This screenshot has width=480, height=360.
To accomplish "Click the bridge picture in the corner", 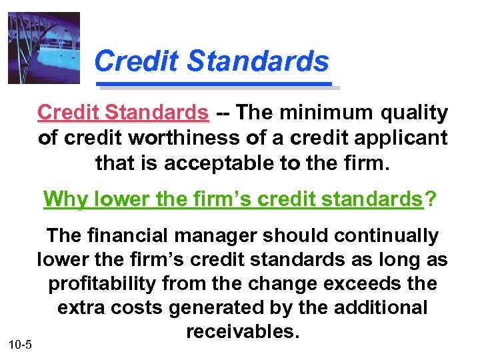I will [x=43, y=48].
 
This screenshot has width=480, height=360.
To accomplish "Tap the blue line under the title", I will [x=215, y=85].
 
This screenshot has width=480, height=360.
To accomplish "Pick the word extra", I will [x=81, y=308].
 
